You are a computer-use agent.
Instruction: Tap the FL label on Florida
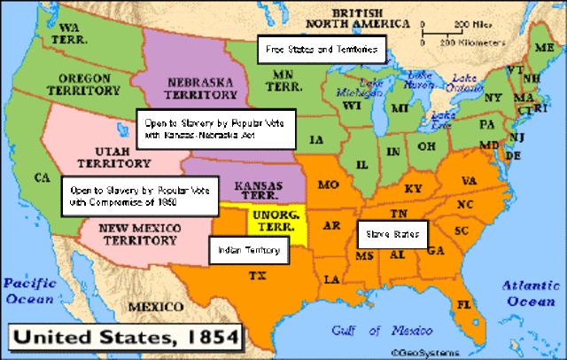[463, 303]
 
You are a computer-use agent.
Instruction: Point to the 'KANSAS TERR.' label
[256, 188]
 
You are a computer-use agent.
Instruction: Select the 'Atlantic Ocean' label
[531, 293]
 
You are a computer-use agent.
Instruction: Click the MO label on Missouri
[329, 184]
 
